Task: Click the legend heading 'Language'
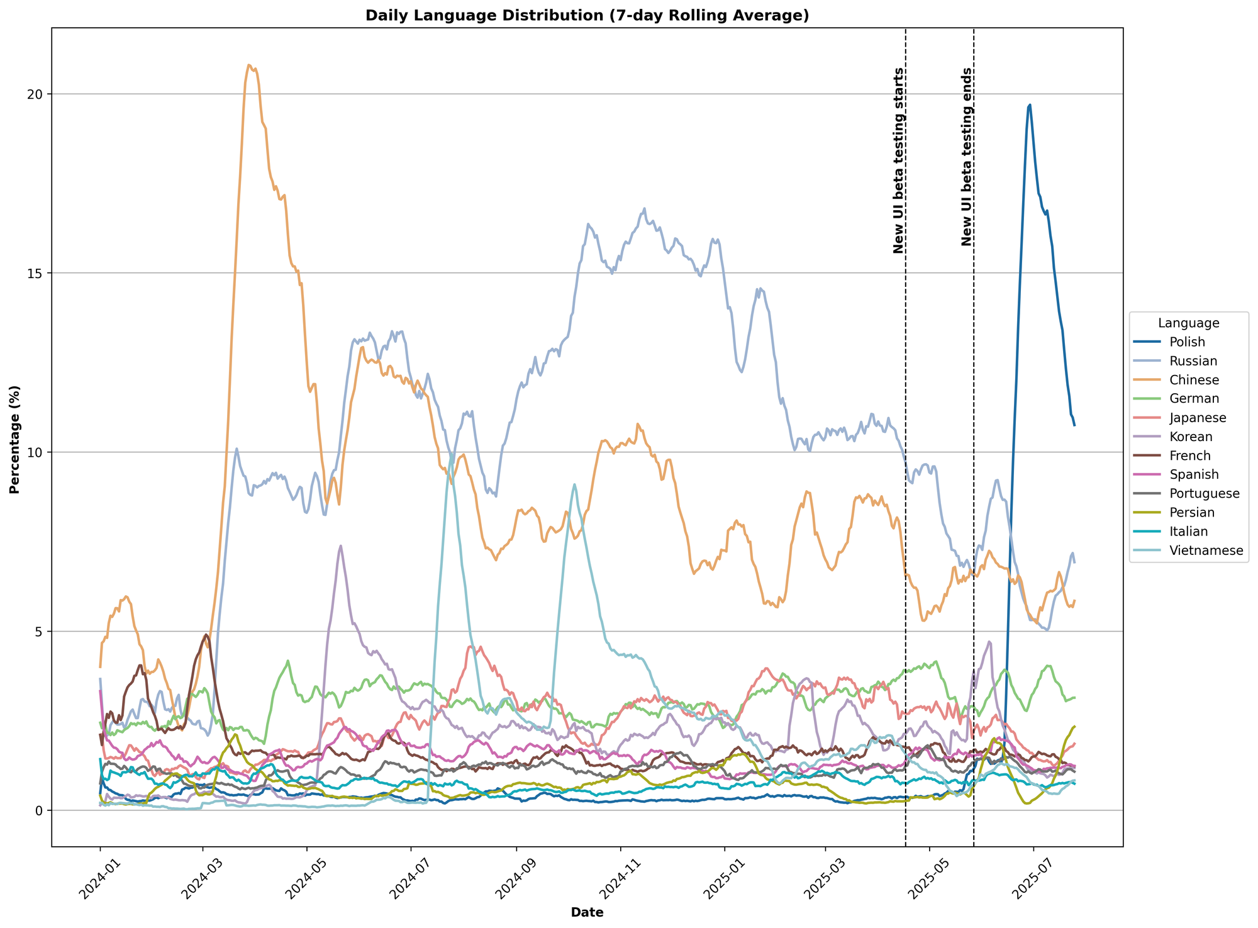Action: tap(1188, 323)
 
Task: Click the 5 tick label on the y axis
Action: tap(39, 632)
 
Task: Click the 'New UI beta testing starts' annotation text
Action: tap(898, 160)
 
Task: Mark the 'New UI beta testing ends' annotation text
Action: tap(967, 157)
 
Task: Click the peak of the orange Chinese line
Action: tap(250, 65)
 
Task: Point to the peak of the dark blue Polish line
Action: tap(1030, 104)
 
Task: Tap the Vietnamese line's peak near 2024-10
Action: tap(574, 484)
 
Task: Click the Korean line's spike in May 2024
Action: tap(340, 546)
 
